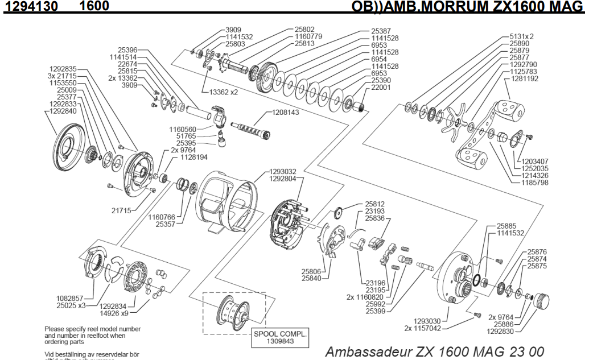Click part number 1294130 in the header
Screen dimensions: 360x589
point(28,6)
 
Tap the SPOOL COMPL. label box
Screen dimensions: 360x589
point(280,338)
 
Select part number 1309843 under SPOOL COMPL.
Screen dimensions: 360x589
point(280,342)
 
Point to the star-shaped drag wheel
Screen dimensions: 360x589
point(458,120)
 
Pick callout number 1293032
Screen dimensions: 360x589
point(283,171)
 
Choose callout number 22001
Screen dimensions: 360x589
point(382,89)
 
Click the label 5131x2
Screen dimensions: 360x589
point(522,37)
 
